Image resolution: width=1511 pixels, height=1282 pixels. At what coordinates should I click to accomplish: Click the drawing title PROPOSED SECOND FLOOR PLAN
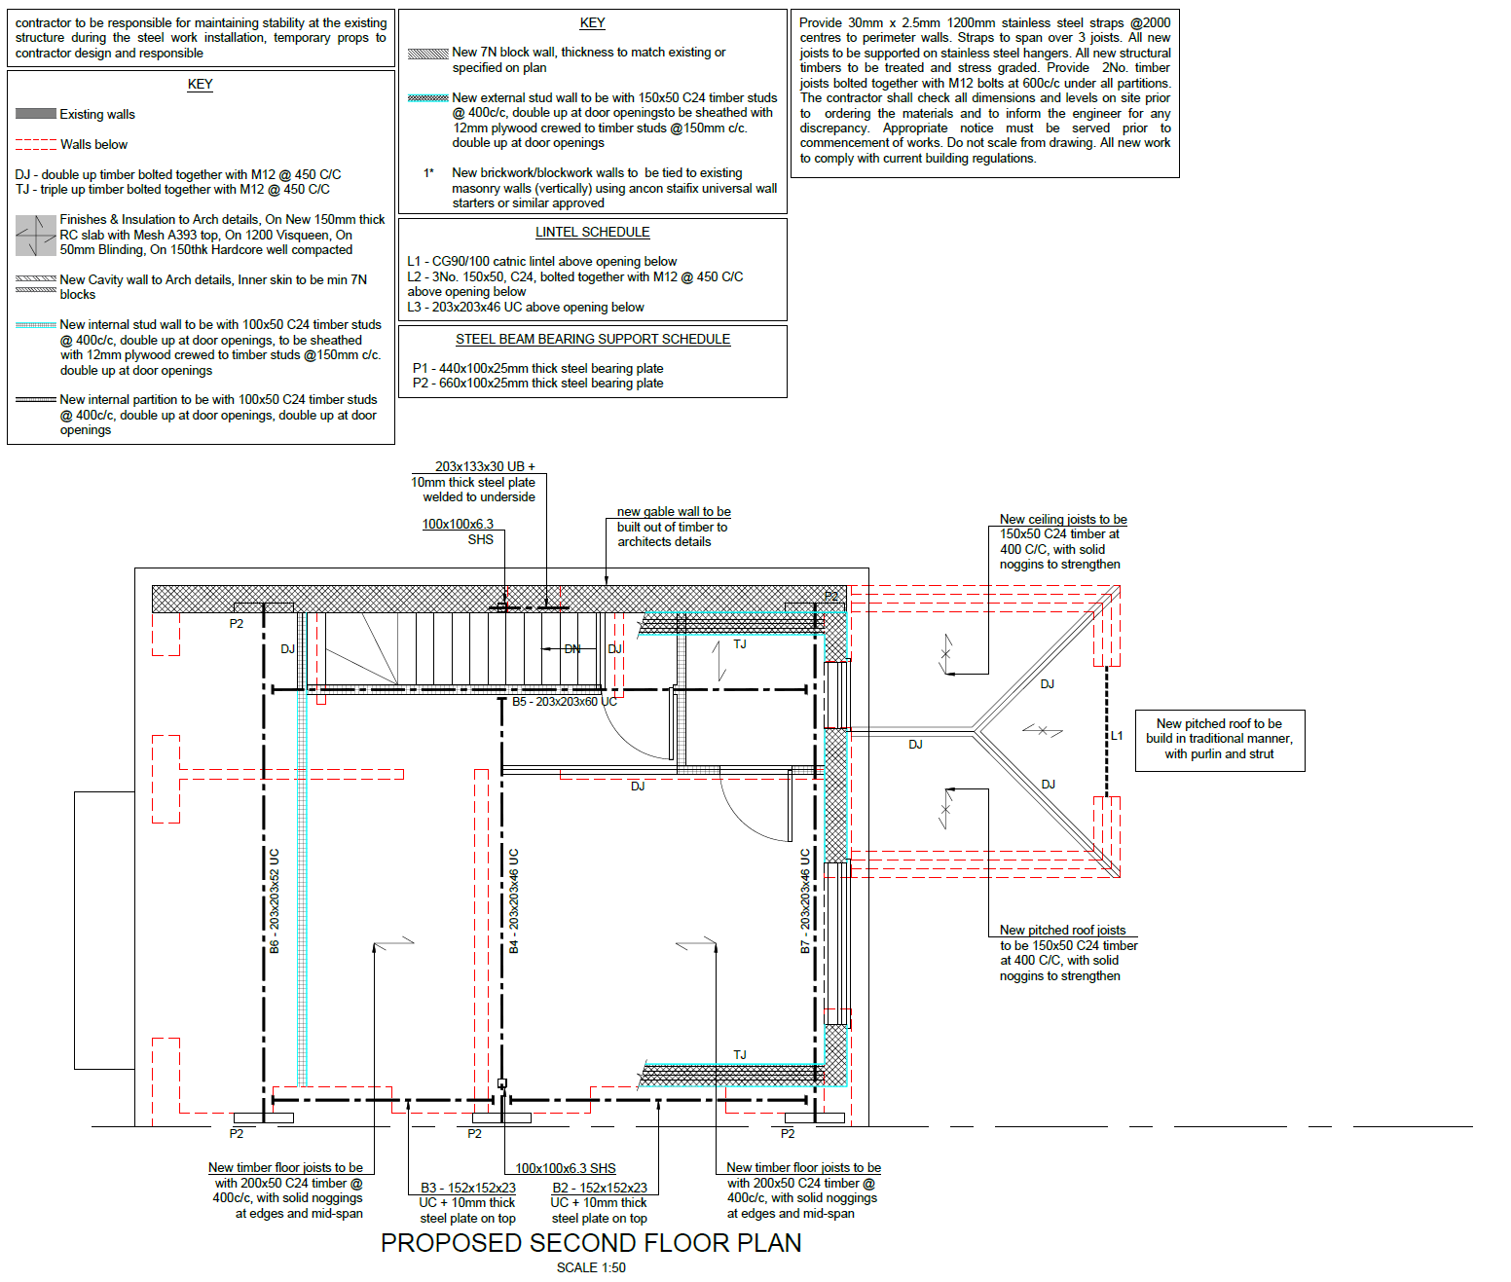pos(591,1243)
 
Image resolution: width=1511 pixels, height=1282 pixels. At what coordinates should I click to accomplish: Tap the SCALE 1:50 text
pos(591,1267)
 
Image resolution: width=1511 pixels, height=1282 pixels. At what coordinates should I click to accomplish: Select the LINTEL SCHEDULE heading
pos(592,232)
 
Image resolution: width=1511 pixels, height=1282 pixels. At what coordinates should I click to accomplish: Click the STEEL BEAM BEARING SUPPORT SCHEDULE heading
pos(592,339)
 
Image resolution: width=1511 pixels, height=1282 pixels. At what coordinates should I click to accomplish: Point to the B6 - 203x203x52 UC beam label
pos(275,900)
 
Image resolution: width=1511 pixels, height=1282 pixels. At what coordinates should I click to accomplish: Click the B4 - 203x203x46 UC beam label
pos(514,900)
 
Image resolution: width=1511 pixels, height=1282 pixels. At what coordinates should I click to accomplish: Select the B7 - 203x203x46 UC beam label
pos(805,900)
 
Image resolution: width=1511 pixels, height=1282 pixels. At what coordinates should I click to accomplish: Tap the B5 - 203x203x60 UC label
pos(565,702)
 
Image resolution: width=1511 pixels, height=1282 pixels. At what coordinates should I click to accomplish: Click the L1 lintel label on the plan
pos(1117,736)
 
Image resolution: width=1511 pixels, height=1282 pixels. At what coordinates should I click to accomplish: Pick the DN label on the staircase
pos(572,649)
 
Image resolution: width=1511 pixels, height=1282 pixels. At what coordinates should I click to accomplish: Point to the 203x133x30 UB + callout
pos(484,467)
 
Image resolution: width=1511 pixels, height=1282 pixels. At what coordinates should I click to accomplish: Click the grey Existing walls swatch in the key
pos(36,114)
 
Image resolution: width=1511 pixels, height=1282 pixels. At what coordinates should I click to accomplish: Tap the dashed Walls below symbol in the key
pos(36,144)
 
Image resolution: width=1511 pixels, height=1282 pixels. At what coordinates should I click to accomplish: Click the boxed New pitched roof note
pos(1219,739)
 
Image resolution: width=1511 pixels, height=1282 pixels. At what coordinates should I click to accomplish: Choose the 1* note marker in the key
pos(428,173)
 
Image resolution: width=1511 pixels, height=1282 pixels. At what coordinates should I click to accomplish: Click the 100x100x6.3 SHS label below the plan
pos(566,1168)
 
